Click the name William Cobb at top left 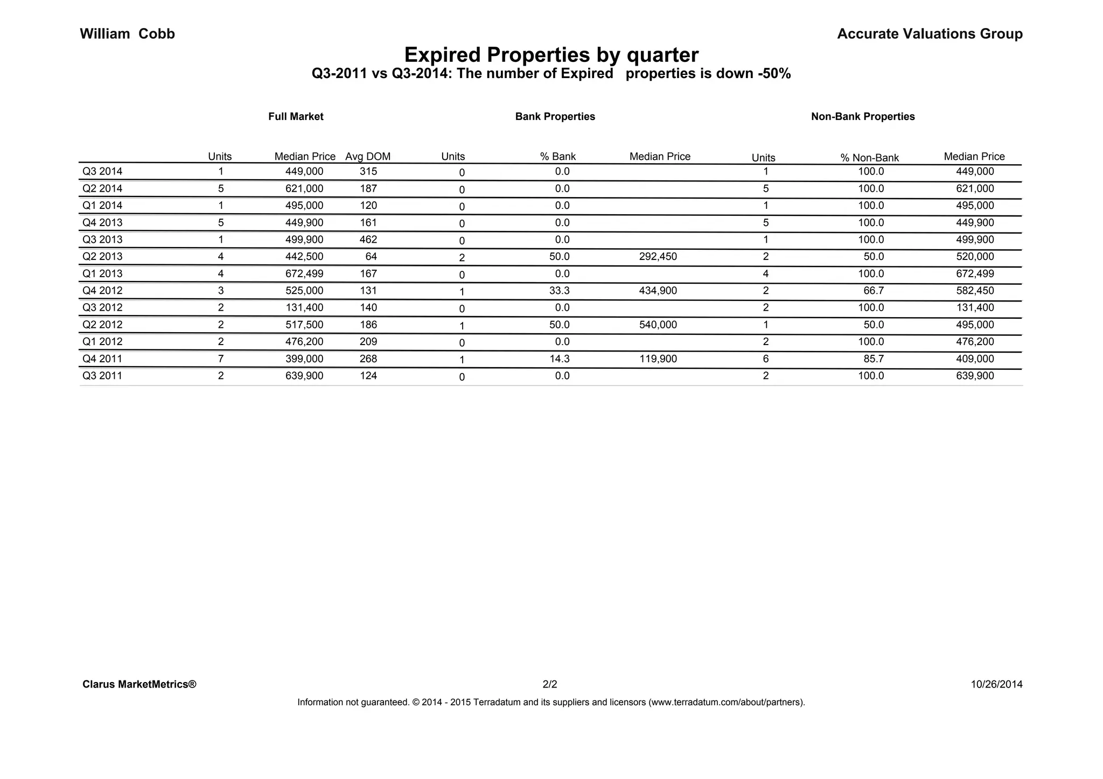coord(127,34)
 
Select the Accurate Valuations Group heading coord(930,34)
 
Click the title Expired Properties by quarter coord(551,55)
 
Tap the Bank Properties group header coord(555,116)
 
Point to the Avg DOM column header coord(368,157)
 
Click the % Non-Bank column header coord(869,158)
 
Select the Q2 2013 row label coord(102,257)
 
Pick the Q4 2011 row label coord(102,359)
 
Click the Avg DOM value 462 coord(368,240)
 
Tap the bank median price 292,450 coord(658,257)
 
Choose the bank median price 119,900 coord(658,359)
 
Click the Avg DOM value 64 coord(371,257)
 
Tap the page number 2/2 coord(550,685)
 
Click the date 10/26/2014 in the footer coord(996,685)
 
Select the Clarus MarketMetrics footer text coord(139,685)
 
